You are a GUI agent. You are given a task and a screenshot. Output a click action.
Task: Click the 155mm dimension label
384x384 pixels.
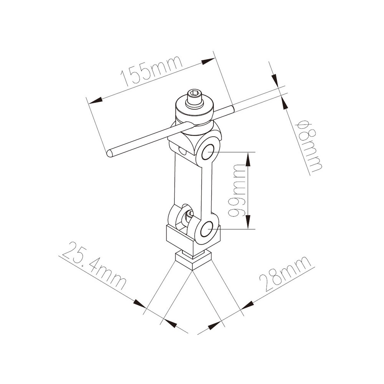tap(151, 72)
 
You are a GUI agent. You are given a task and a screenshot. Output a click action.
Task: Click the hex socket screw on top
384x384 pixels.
tap(194, 98)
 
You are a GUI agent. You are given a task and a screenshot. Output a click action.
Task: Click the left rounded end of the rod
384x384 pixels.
tap(109, 153)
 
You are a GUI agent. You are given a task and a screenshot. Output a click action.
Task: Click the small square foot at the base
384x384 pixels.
tap(194, 260)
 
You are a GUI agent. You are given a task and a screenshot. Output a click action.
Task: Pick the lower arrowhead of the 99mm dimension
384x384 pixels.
tap(249, 223)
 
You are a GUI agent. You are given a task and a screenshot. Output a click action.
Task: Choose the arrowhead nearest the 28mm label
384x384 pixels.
tap(248, 305)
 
